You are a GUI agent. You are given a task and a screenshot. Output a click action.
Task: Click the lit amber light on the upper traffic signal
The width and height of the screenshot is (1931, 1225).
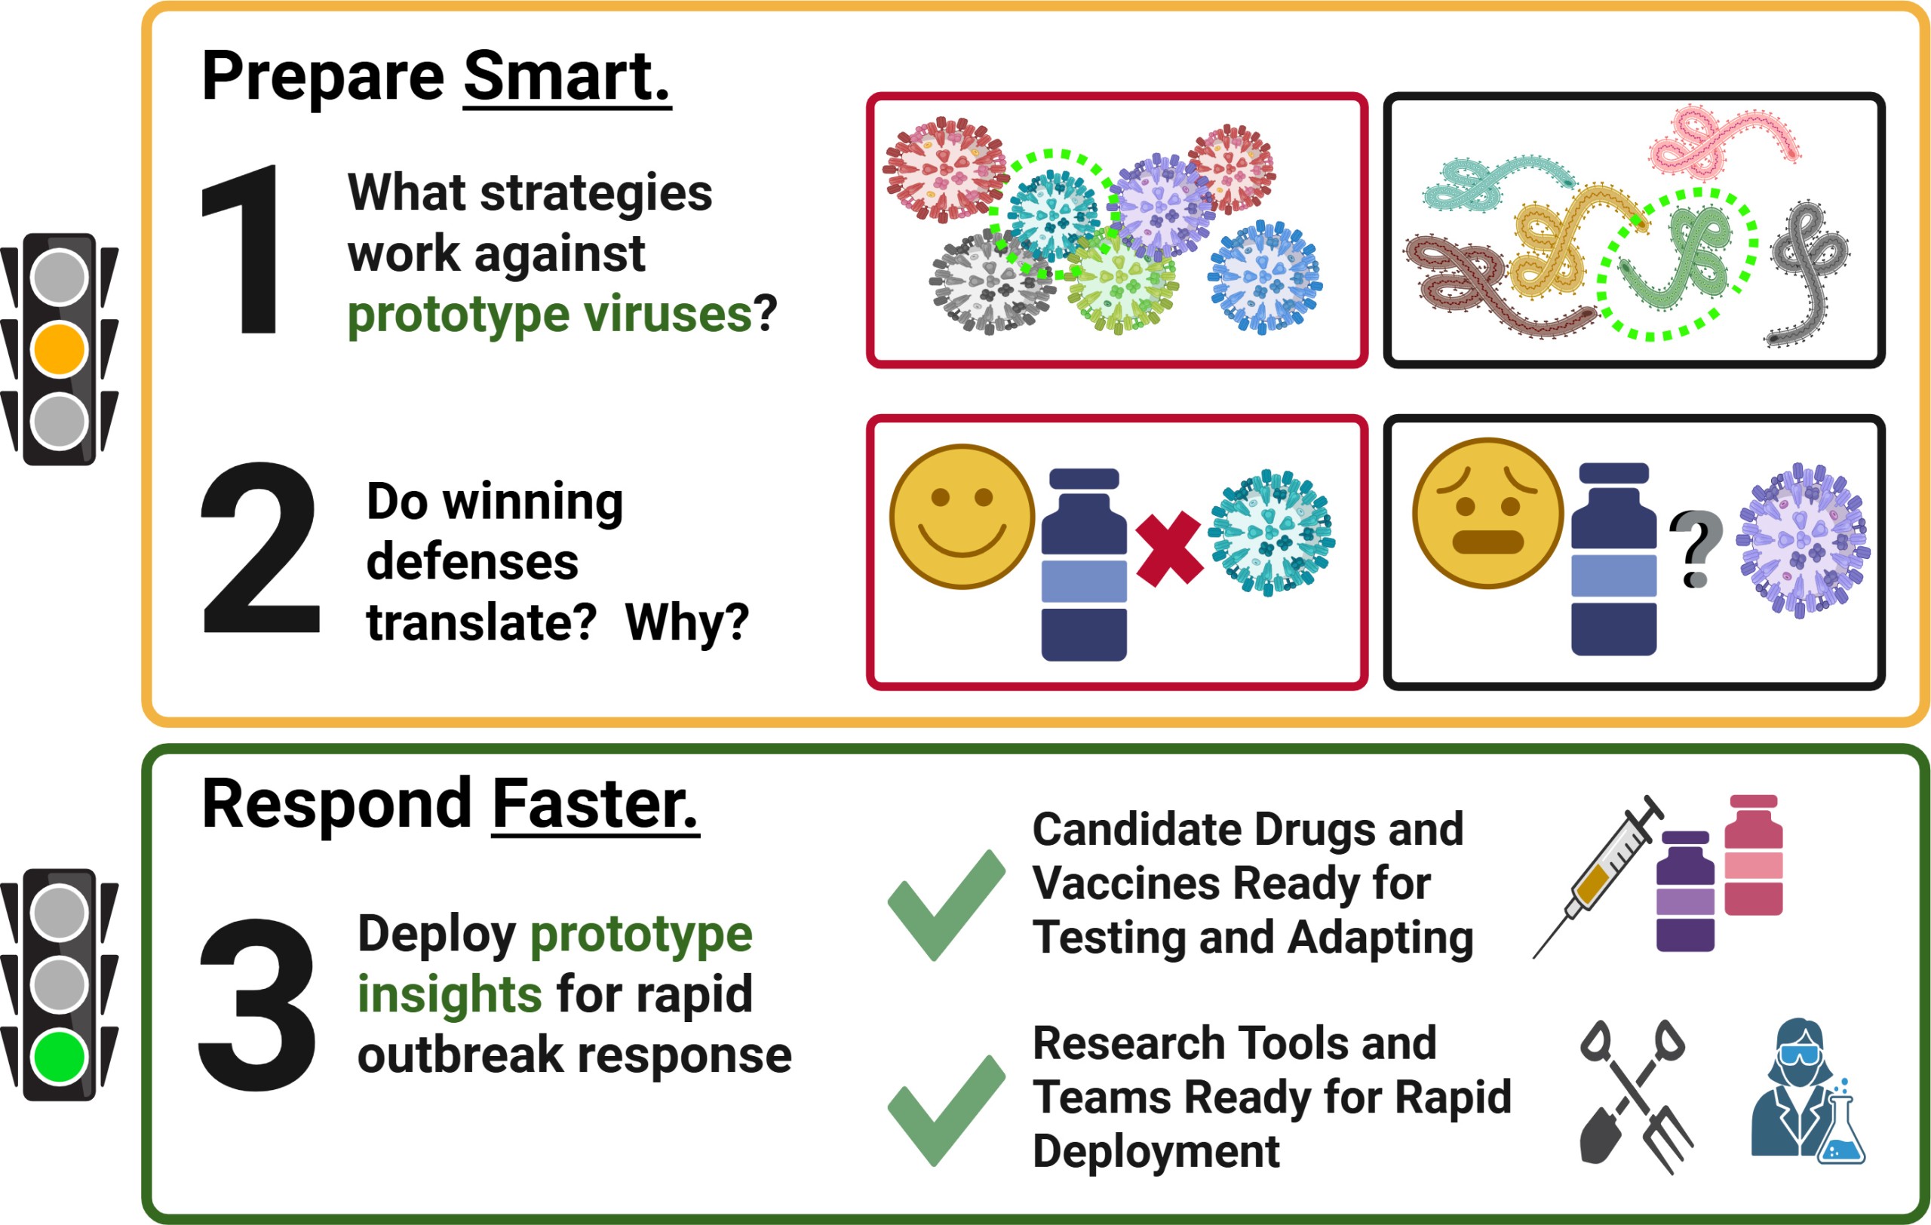[60, 349]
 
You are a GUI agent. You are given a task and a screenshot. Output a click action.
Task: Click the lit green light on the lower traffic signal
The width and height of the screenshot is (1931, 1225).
[60, 1057]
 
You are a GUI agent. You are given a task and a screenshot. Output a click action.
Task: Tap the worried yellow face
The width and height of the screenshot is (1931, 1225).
[1487, 513]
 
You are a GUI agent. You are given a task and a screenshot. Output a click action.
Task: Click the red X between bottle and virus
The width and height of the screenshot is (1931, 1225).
[1168, 550]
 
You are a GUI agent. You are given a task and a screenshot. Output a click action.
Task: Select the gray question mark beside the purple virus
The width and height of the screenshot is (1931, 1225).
[1695, 549]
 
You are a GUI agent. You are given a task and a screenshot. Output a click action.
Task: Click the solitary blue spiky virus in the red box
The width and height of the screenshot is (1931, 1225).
[1265, 277]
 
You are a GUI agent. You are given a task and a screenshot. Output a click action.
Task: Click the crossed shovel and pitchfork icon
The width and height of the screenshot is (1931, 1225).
[1635, 1096]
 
